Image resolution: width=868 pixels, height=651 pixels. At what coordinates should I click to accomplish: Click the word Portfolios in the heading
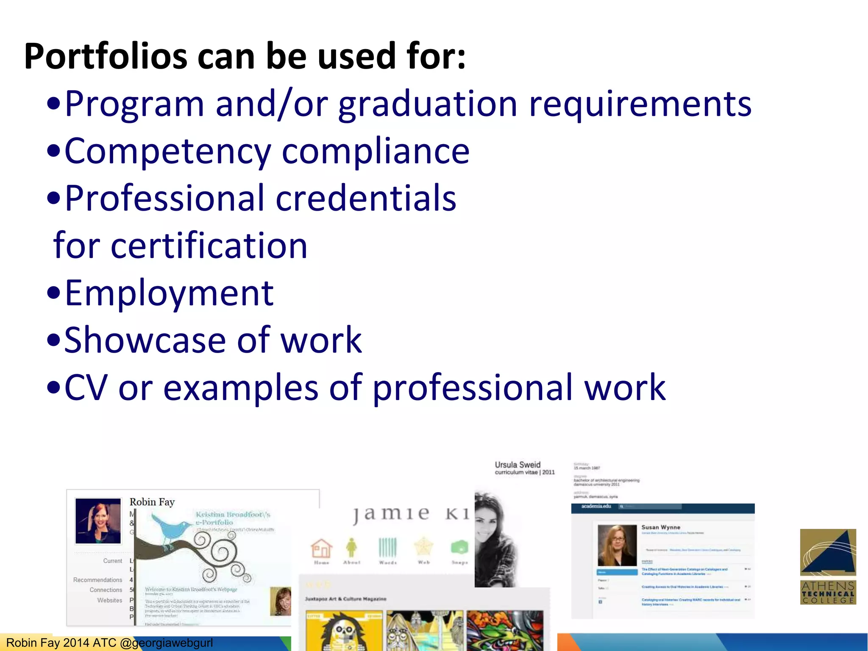coord(106,56)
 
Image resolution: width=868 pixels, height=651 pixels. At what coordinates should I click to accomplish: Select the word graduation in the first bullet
coord(428,105)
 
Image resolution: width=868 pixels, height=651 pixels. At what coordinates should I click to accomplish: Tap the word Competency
coord(167,152)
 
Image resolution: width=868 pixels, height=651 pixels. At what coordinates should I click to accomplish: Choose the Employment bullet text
coord(169,293)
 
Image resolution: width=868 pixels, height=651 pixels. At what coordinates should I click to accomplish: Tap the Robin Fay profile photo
coord(98,521)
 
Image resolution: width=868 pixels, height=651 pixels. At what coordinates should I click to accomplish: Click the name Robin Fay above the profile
coord(152,502)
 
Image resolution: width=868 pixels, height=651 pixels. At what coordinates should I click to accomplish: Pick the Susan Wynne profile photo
coord(617,545)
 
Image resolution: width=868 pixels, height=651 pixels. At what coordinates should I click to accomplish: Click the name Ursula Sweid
coord(517,465)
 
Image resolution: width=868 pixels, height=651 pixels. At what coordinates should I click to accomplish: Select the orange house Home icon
coord(321,548)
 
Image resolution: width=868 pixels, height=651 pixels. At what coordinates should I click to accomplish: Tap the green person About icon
coord(351,548)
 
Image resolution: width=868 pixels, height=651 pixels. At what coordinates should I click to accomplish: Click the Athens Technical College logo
coord(828,566)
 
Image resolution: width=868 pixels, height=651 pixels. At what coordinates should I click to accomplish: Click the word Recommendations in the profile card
coord(97,580)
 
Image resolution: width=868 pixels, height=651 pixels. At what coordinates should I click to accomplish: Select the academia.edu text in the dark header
coord(596,506)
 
